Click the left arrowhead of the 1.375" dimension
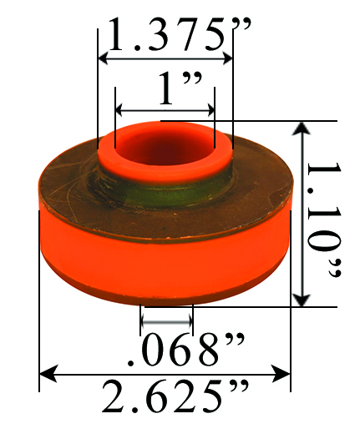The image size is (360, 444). point(104,58)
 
